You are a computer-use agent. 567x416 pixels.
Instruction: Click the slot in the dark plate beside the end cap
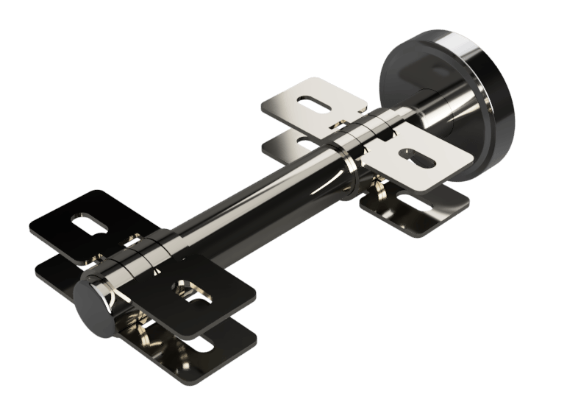tap(189, 292)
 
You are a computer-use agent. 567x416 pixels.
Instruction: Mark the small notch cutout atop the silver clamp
tap(340, 122)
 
